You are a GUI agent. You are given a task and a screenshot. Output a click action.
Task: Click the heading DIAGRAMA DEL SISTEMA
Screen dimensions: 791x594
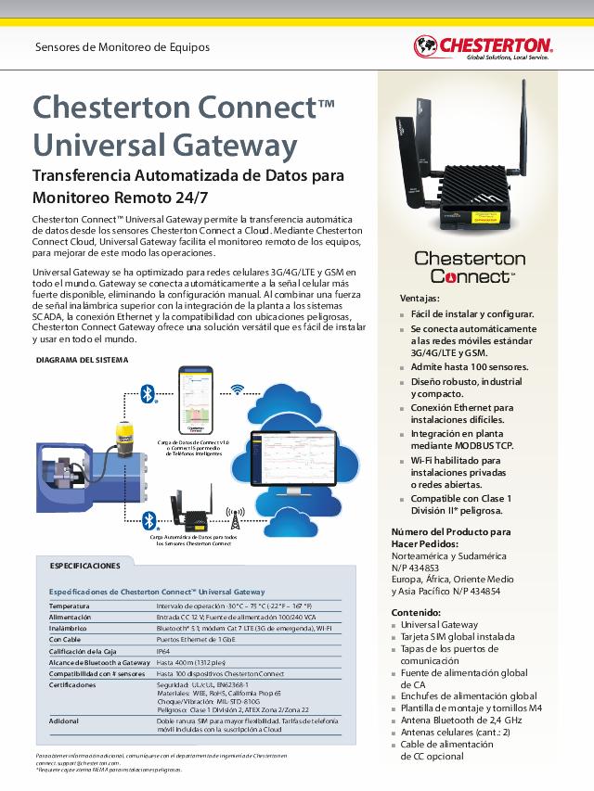pos(82,360)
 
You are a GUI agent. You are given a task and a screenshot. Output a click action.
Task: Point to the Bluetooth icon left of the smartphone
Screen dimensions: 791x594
pos(146,394)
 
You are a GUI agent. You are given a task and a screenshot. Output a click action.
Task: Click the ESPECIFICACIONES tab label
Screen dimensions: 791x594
pos(84,565)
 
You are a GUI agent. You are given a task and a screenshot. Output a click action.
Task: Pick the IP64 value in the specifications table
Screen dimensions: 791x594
pos(163,651)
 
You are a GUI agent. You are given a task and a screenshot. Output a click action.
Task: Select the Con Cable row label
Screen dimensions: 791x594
pos(67,640)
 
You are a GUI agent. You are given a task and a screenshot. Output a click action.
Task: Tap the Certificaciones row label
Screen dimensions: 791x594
pos(72,685)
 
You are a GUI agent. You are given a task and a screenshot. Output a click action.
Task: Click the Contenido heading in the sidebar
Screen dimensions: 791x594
pos(416,613)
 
